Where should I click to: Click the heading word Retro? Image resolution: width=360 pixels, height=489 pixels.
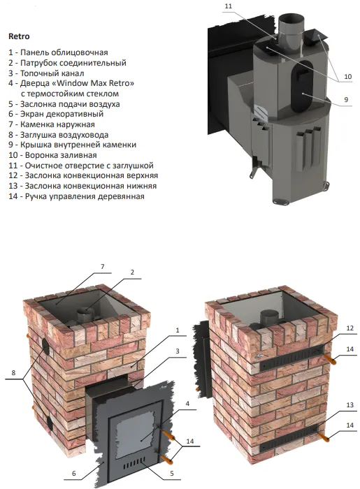[x=19, y=36]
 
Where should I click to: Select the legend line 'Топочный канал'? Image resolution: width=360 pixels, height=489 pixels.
[x=46, y=73]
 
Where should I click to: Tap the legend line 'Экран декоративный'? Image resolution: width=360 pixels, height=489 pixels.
[x=56, y=114]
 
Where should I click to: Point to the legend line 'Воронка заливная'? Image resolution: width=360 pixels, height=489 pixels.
[x=52, y=155]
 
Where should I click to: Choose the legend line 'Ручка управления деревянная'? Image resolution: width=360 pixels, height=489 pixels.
[x=76, y=196]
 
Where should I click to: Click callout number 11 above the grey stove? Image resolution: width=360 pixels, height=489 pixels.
[x=228, y=6]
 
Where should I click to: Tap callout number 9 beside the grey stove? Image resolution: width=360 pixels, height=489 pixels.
[x=346, y=99]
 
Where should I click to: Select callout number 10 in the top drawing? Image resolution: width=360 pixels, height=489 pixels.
[x=347, y=76]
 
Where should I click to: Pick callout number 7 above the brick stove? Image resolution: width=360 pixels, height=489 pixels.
[x=102, y=267]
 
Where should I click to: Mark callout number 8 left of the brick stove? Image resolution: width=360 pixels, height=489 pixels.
[x=13, y=372]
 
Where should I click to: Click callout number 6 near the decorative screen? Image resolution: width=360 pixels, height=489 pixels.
[x=74, y=473]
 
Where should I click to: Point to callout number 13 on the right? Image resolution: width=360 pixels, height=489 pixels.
[x=350, y=404]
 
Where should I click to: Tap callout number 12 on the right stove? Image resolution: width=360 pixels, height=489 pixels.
[x=350, y=328]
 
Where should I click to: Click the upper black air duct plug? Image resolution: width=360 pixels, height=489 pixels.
[x=45, y=346]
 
